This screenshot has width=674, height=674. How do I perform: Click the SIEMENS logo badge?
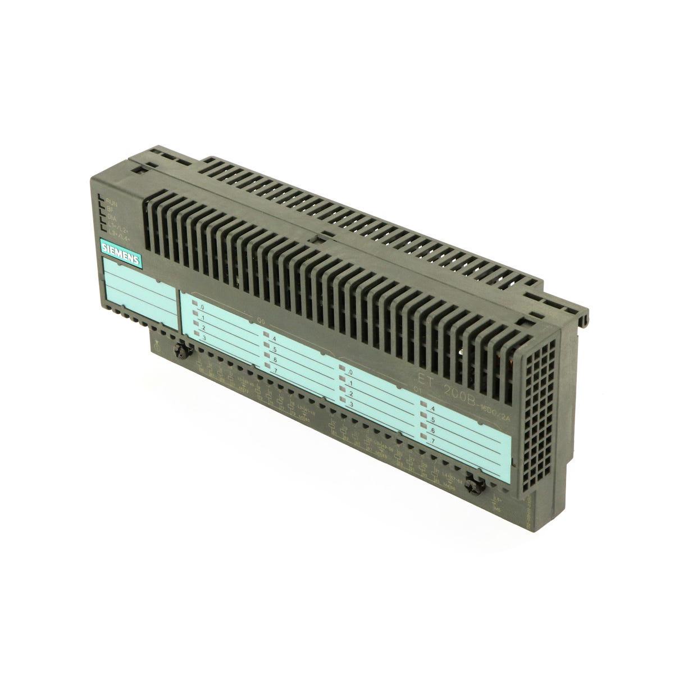coord(121,252)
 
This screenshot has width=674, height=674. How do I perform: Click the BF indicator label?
coord(111,207)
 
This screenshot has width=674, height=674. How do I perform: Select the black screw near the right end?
coord(477,482)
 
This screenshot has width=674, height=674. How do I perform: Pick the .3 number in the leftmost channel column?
coord(204,336)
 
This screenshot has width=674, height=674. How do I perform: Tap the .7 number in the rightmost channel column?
coord(431,441)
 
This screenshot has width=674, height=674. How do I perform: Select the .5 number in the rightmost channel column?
coord(431,419)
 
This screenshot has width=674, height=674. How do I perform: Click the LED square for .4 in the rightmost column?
coord(422,407)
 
